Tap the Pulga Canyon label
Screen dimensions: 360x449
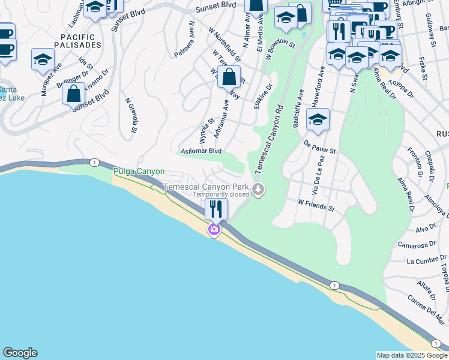click(x=139, y=172)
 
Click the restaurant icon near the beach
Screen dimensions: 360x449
click(x=216, y=209)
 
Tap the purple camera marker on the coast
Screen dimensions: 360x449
click(x=214, y=230)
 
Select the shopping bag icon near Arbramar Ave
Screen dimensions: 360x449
click(x=229, y=77)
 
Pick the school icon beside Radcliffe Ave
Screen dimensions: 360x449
click(x=318, y=119)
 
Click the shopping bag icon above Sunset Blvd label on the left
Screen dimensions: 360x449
click(x=74, y=94)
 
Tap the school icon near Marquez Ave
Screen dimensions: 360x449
click(x=43, y=59)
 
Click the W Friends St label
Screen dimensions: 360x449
click(x=316, y=206)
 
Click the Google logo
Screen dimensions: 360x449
click(x=20, y=353)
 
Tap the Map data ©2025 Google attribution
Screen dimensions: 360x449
click(x=411, y=355)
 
